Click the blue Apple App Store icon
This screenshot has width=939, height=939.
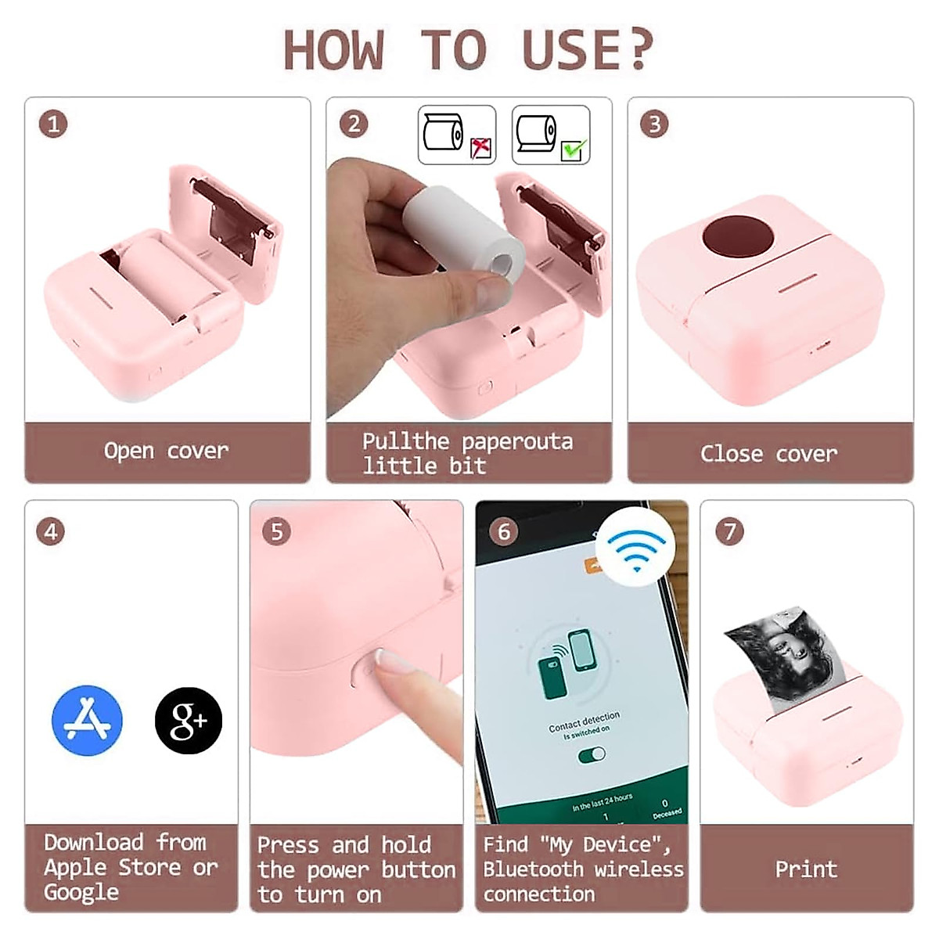pos(87,721)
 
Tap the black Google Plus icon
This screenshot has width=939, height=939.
pos(189,721)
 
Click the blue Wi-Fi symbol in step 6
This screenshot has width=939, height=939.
pos(635,547)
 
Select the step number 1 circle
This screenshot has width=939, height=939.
pos(53,124)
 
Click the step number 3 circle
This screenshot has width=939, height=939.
pos(654,124)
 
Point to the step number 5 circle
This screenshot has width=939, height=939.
pos(276,531)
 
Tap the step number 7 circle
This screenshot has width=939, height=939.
pos(729,531)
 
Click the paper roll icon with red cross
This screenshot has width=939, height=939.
pos(457,135)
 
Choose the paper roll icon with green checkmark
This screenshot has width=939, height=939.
pos(551,135)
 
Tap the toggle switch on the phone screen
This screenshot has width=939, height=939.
pos(592,755)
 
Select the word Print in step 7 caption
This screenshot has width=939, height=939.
pos(806,869)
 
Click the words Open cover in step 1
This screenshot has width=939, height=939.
pos(166,451)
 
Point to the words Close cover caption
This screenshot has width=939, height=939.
pos(768,454)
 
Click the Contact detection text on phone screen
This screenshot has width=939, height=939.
pos(584,721)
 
